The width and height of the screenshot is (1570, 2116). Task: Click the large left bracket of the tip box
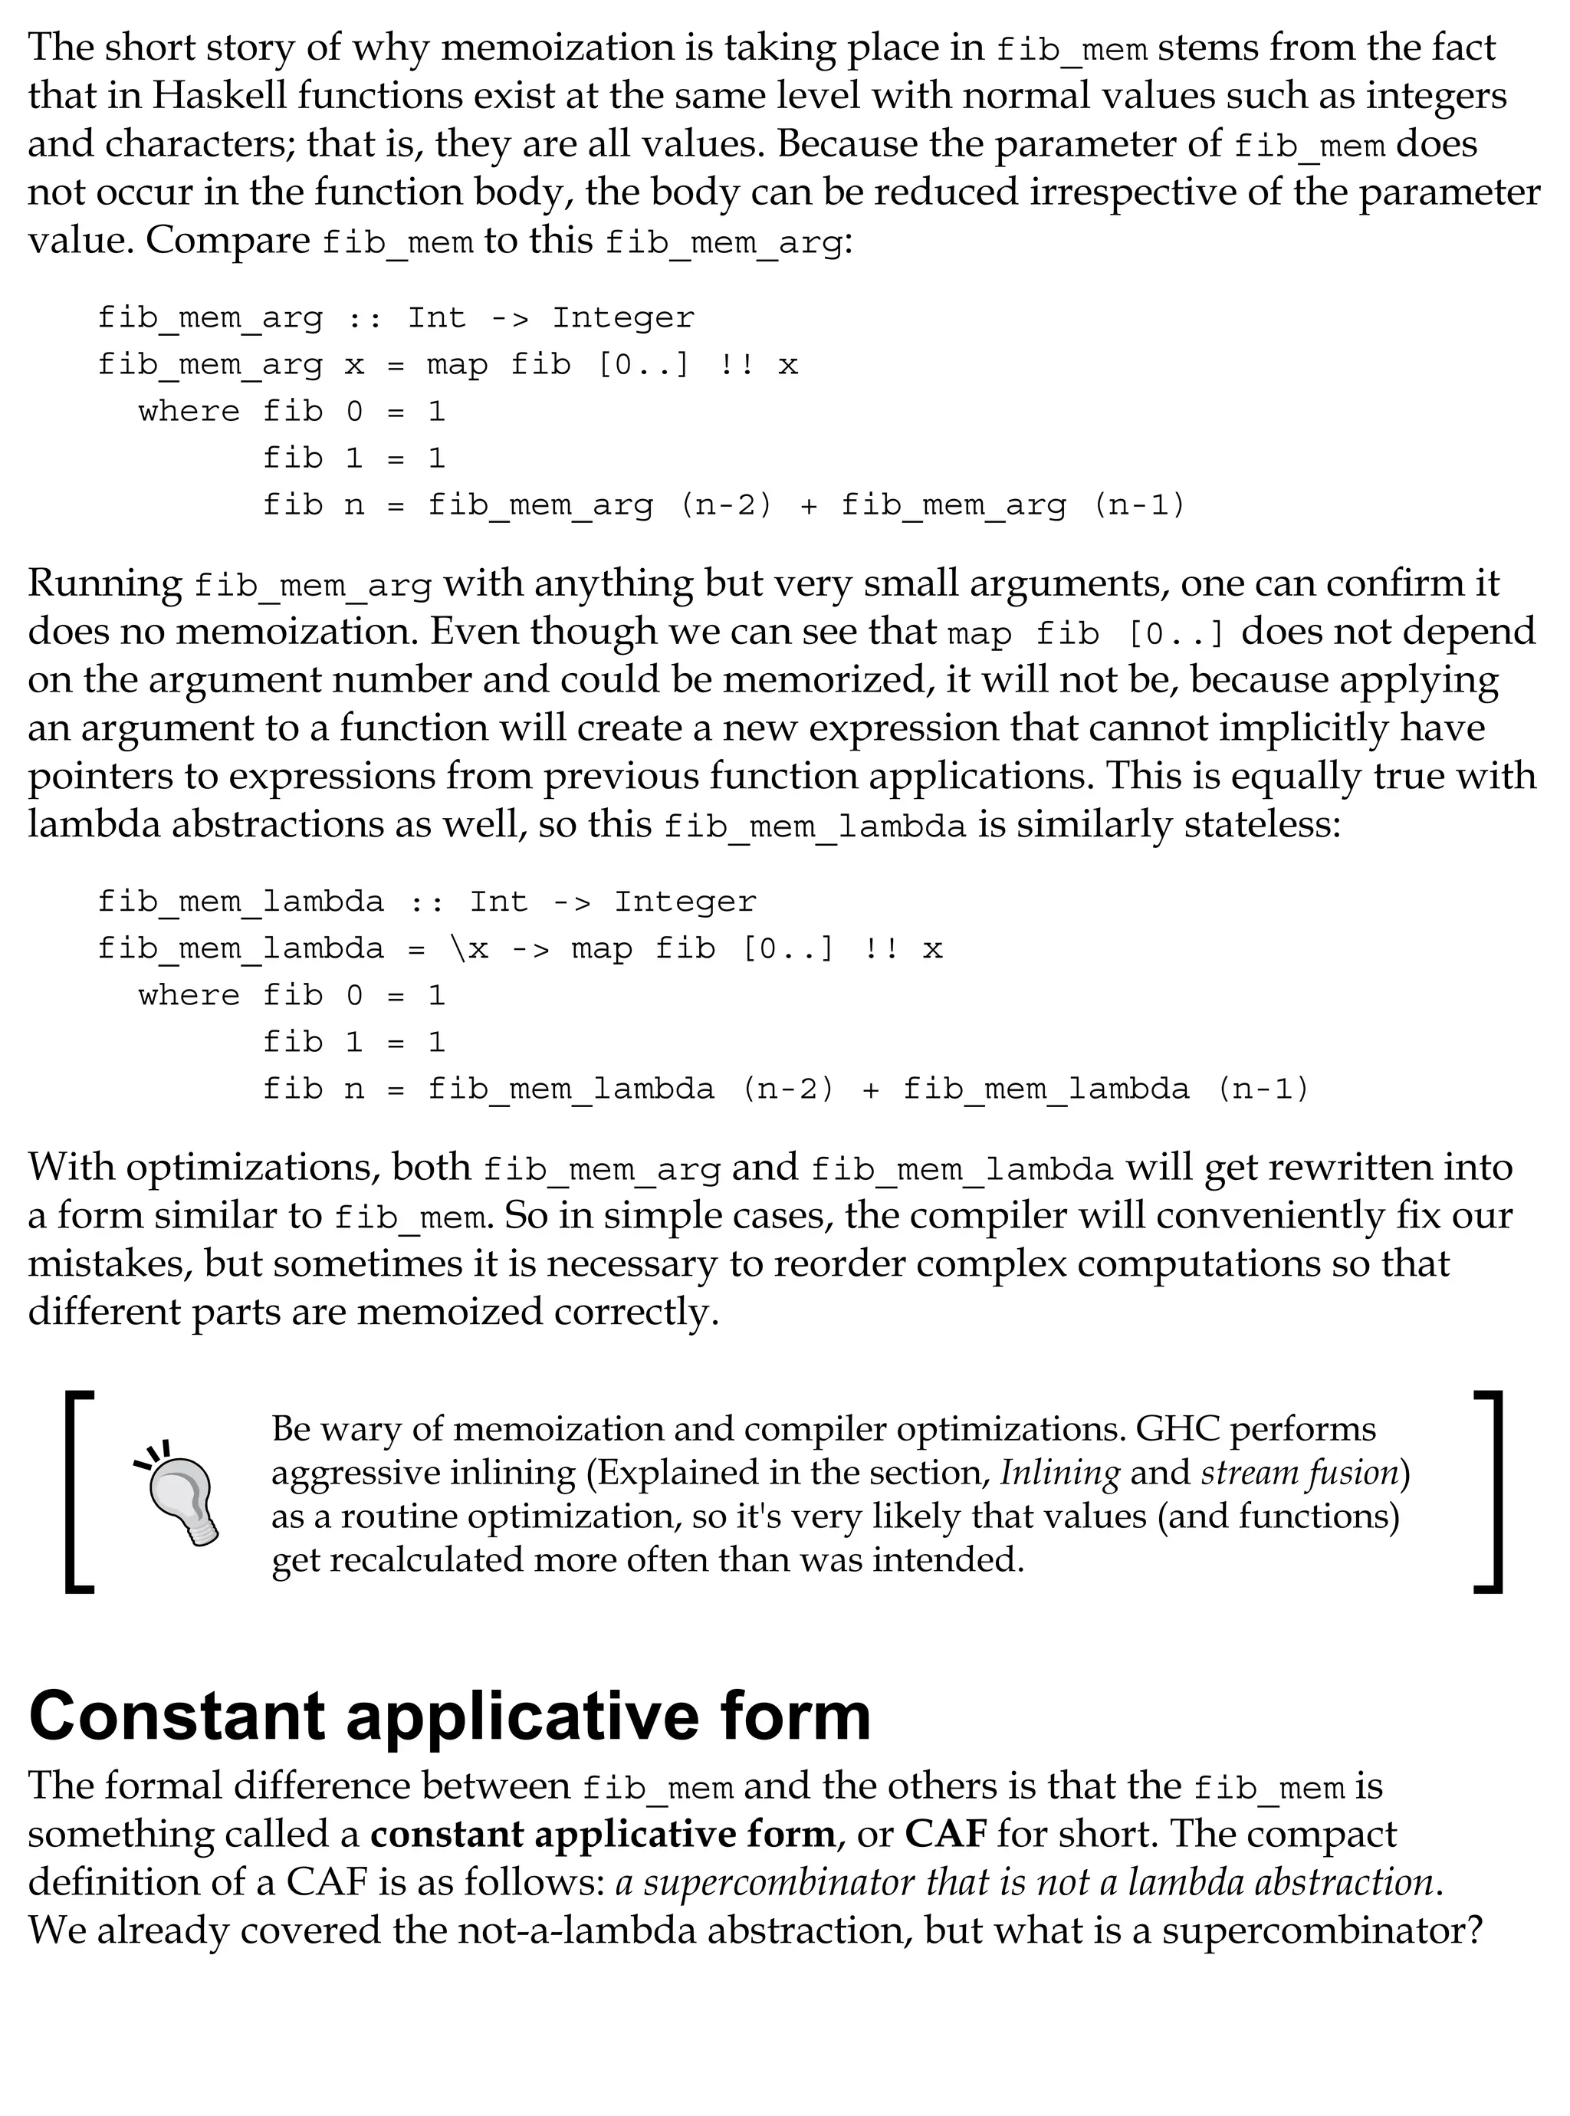[79, 1491]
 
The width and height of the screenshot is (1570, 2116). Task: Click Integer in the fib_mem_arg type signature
[623, 317]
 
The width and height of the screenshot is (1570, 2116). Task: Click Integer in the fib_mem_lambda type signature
[685, 901]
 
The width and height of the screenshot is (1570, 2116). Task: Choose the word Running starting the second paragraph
[104, 583]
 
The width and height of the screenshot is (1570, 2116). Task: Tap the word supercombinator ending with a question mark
[1313, 1930]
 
